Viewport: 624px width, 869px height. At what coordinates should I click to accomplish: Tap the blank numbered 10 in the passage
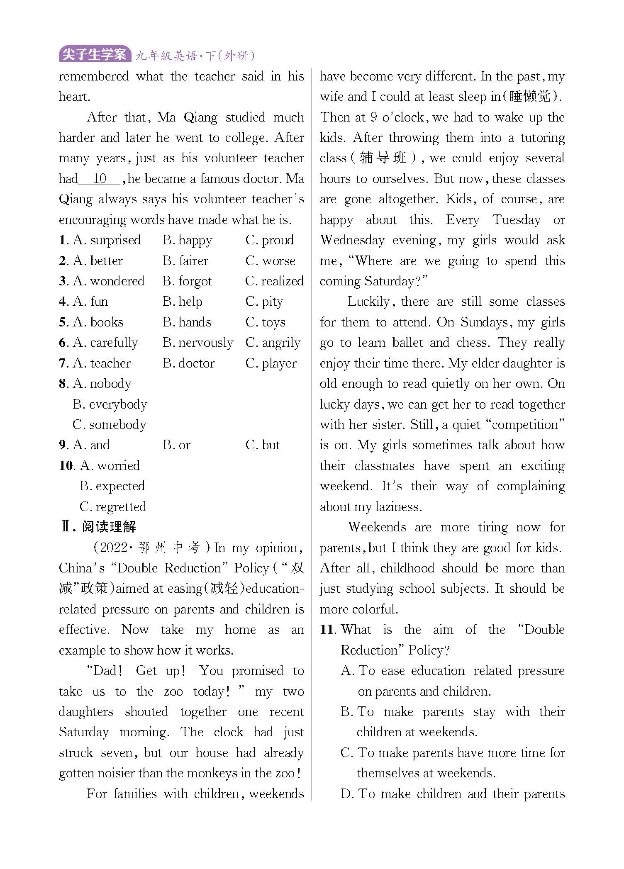100,179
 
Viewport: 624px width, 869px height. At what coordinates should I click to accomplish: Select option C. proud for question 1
270,240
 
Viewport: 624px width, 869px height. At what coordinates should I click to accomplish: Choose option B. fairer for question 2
185,260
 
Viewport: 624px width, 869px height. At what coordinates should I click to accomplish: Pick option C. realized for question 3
274,281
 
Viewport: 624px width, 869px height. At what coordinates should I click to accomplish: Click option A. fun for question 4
90,302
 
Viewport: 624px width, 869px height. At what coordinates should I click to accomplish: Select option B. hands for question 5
187,322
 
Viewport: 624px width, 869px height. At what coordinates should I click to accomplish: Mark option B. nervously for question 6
198,343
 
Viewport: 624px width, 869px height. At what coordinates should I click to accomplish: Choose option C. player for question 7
271,363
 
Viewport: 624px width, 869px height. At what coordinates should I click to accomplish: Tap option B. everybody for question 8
110,404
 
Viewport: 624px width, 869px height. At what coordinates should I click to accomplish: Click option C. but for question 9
263,445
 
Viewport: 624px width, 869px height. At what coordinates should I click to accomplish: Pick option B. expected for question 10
112,486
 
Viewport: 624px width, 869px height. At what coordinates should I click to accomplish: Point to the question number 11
328,630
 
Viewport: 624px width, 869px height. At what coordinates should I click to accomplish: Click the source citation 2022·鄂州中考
151,548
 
